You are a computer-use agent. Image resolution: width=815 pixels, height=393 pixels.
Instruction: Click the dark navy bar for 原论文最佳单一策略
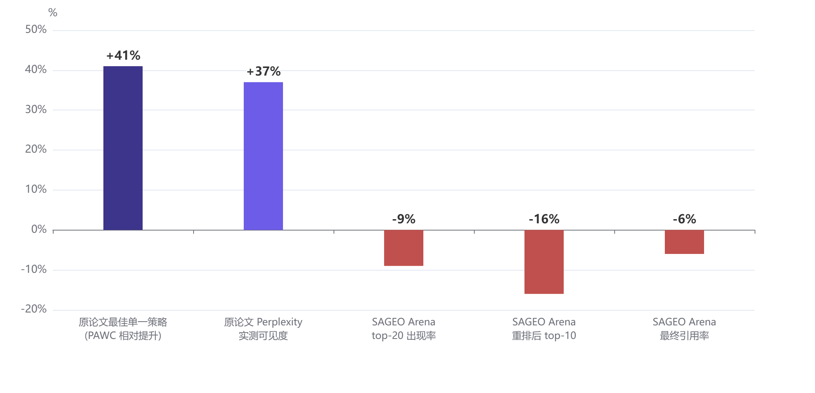point(123,148)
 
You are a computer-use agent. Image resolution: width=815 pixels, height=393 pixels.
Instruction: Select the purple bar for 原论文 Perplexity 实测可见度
point(263,156)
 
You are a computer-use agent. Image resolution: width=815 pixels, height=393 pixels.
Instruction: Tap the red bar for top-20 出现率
point(404,248)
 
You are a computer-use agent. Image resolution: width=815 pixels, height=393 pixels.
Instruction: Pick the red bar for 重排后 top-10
point(544,262)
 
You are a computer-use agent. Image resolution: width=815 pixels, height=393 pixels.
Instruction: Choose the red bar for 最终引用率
point(684,242)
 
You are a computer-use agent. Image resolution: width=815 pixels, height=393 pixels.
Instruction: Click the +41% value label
point(123,56)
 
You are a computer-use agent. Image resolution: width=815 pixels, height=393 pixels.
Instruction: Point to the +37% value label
point(264,71)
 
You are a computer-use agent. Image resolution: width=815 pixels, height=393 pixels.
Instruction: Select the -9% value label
point(404,219)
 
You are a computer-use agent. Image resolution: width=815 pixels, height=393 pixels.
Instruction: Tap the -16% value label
point(544,219)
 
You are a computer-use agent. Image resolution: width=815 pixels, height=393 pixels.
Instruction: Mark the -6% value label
point(684,219)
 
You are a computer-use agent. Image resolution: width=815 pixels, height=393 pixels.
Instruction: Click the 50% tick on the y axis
point(36,29)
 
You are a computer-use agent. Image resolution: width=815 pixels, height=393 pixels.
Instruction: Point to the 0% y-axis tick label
point(39,229)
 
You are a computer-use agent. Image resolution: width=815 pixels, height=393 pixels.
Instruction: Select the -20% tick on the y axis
point(34,309)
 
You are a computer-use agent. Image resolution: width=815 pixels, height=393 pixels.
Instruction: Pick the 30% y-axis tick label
point(36,110)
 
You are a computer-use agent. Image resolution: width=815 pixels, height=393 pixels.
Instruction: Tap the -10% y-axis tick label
point(34,269)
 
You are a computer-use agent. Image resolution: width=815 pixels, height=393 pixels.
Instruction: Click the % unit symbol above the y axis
point(53,13)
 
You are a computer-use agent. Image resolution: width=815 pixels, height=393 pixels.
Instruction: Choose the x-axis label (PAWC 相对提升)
point(123,336)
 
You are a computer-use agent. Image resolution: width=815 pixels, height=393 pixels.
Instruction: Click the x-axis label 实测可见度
point(263,336)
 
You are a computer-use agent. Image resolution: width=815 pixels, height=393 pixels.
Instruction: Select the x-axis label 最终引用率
point(684,336)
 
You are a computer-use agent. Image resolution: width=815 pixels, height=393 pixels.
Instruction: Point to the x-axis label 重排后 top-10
point(544,336)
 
